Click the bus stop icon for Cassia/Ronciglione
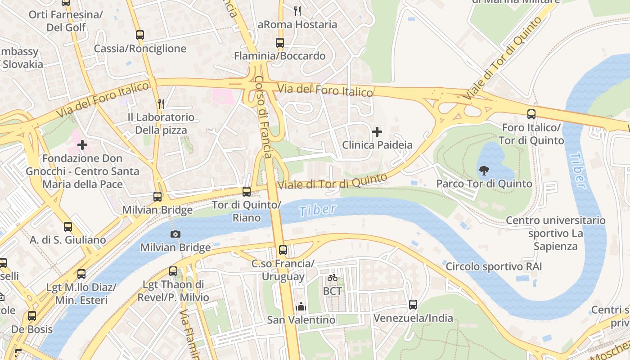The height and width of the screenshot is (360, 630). pos(139,35)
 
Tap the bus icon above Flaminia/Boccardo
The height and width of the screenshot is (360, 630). pos(280,43)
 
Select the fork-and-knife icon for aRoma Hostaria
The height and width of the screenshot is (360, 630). pos(297,10)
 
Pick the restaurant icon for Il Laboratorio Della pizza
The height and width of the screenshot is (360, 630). pos(161,104)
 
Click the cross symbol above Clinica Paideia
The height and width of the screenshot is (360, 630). pos(377,132)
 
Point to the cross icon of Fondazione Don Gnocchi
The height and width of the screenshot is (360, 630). pos(82,145)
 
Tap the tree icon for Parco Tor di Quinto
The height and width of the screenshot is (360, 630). pos(484,171)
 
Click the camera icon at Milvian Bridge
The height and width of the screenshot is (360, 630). pos(175,234)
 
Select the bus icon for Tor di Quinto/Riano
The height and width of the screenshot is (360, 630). pos(247,192)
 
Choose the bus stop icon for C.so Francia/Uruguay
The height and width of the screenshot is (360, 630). pos(283,250)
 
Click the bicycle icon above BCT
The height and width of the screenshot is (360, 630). pos(333,278)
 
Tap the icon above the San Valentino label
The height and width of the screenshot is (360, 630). pos(301,307)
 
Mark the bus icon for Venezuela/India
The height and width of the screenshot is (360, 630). pos(413,305)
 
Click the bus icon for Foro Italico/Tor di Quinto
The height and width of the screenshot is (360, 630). pos(531,114)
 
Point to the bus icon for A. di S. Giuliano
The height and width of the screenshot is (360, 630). pos(68,227)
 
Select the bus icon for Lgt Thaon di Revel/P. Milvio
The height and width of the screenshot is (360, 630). pos(173,271)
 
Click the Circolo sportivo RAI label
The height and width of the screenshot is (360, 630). pos(494,267)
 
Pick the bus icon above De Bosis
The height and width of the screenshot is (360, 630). pos(31,316)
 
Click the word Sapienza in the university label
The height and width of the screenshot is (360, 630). pos(555,247)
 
